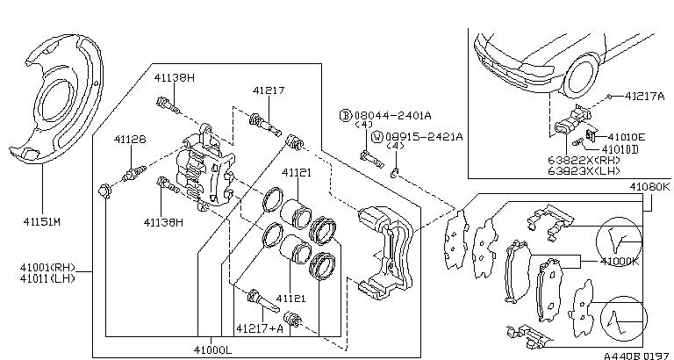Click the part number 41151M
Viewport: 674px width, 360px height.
[x=42, y=222]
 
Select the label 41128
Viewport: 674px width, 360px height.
[x=130, y=140]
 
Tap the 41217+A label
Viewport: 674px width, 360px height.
[x=260, y=328]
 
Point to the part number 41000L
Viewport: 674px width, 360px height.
[x=212, y=350]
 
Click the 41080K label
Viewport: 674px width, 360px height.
[x=650, y=187]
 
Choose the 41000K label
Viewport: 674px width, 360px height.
[x=619, y=262]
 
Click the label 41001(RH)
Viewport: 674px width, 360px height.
[x=47, y=268]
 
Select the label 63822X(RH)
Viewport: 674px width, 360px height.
[x=584, y=160]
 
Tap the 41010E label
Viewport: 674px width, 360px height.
[x=627, y=137]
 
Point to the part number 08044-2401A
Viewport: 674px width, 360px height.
[x=392, y=115]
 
